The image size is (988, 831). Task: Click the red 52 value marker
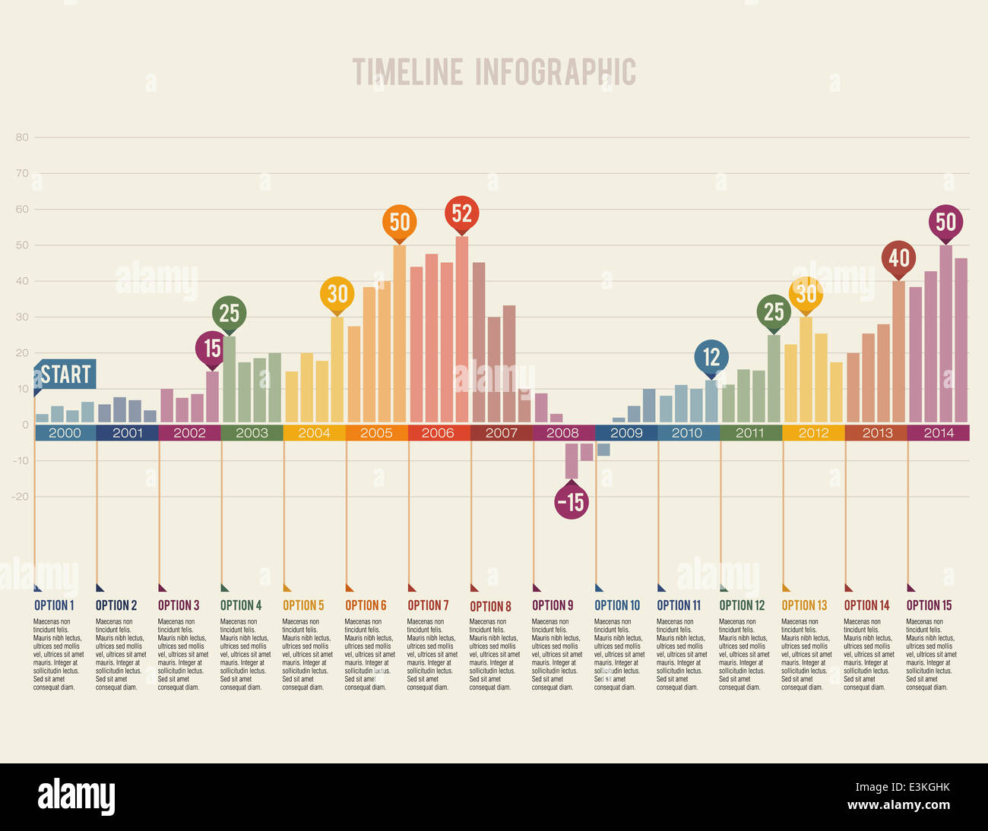coord(462,213)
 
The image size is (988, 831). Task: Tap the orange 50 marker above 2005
coord(400,222)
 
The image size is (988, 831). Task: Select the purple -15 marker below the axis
coord(572,502)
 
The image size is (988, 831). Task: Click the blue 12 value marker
coord(711,356)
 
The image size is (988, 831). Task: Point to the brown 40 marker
coord(899,258)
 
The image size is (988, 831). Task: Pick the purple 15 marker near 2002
coord(212,348)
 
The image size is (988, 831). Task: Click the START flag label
coord(65,374)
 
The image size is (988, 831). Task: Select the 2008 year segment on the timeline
coord(563,433)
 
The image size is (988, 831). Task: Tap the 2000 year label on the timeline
coord(65,433)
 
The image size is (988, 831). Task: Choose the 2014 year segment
coord(939,433)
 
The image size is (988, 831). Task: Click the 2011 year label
coord(750,433)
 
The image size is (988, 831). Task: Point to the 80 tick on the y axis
coord(22,137)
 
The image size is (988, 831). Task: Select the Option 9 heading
coord(553,605)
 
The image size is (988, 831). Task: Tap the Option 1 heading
coord(54,605)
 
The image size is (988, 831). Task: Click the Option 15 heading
coord(929,605)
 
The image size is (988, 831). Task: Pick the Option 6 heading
coord(366,605)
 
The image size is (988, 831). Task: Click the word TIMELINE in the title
coord(407,73)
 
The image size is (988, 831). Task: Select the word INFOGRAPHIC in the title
coord(556,73)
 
